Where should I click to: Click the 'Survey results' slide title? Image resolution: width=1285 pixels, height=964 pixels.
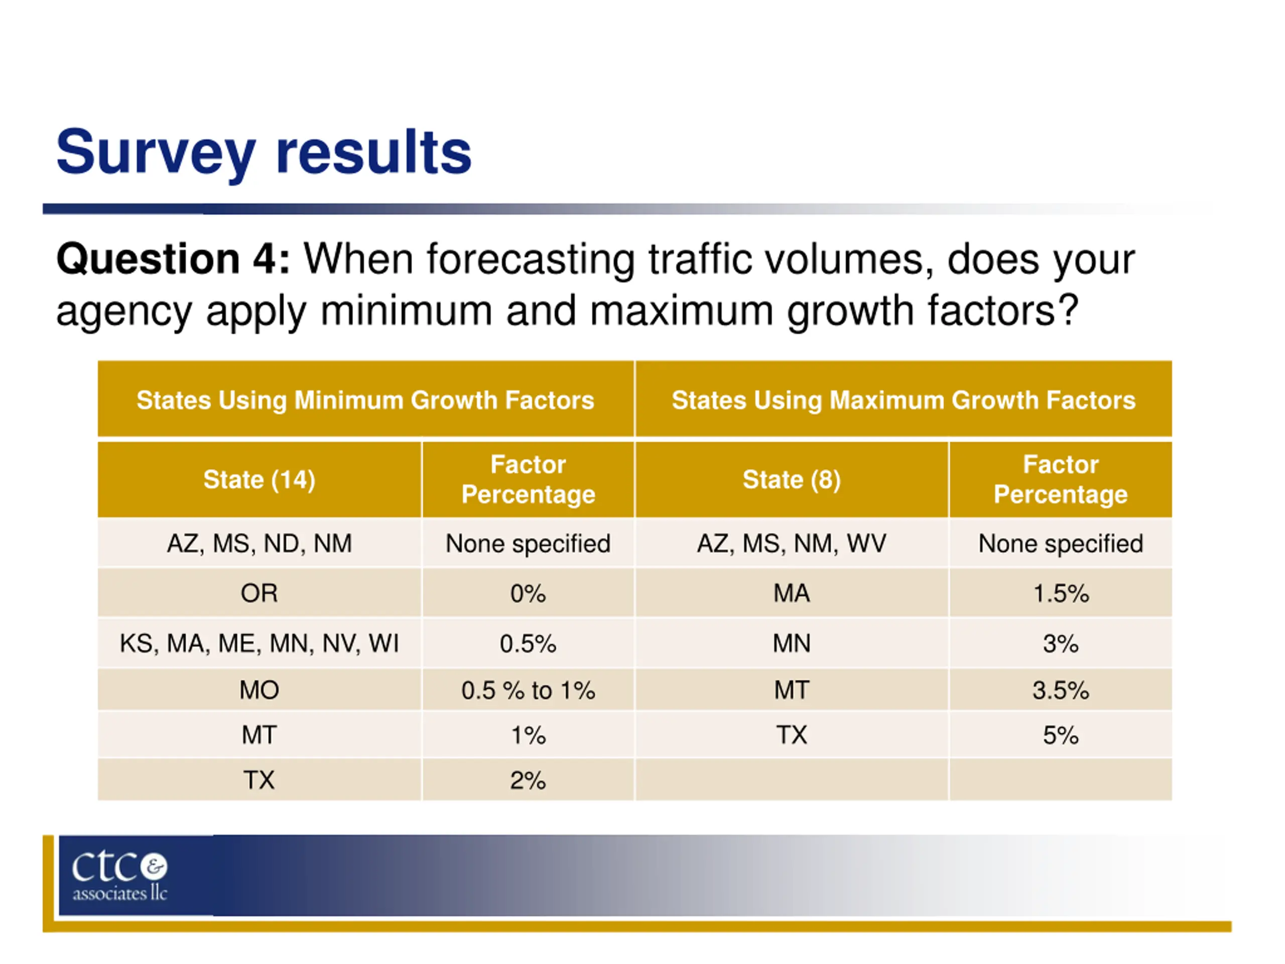click(x=263, y=152)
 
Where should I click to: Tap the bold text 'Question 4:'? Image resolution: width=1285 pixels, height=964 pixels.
click(x=173, y=259)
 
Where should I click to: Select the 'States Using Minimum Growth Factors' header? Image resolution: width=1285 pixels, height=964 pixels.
click(x=365, y=400)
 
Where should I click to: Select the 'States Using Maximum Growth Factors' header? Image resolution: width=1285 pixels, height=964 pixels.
click(x=904, y=400)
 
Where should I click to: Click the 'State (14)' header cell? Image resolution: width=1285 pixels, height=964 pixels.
click(x=259, y=479)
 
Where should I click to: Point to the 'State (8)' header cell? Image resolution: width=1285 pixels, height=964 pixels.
click(x=791, y=479)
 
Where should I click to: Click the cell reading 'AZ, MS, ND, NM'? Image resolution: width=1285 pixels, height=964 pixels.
click(x=259, y=543)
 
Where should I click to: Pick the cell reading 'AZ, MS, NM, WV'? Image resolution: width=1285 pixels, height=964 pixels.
click(x=791, y=543)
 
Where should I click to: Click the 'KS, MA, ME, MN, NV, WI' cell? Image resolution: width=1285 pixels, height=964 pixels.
click(x=259, y=643)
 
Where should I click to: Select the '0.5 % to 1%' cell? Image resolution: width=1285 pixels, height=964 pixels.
click(x=528, y=690)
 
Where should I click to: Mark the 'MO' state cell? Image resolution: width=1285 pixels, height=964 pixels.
click(x=259, y=690)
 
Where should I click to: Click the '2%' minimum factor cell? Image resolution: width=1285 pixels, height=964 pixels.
click(x=528, y=780)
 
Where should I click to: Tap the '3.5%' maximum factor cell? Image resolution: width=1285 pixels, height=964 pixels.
click(x=1060, y=690)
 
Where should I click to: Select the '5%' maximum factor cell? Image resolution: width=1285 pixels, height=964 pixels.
click(x=1060, y=735)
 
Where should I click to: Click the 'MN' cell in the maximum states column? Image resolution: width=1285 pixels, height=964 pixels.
click(x=791, y=643)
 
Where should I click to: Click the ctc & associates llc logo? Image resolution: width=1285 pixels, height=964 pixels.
click(x=119, y=876)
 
